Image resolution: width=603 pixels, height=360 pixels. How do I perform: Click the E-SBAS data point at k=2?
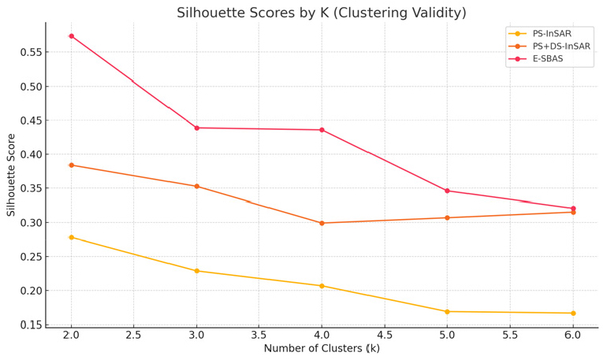pyautogui.click(x=71, y=36)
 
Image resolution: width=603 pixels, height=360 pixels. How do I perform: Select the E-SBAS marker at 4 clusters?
pyautogui.click(x=322, y=130)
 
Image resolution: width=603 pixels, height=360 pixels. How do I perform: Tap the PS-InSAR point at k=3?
pyautogui.click(x=196, y=271)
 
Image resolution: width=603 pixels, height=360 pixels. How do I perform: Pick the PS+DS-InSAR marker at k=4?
pyautogui.click(x=322, y=223)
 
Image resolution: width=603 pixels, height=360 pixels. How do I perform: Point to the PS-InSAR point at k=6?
pyautogui.click(x=573, y=314)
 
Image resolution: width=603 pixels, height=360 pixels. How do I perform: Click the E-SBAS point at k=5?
pyautogui.click(x=447, y=191)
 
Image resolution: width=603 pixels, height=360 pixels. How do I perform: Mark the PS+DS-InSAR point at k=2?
pyautogui.click(x=71, y=165)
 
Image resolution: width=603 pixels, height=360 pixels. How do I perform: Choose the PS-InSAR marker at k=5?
pyautogui.click(x=447, y=312)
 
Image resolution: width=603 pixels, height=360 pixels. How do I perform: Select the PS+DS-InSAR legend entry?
pyautogui.click(x=560, y=46)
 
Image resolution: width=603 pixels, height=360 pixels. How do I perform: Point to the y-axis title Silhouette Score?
pyautogui.click(x=12, y=175)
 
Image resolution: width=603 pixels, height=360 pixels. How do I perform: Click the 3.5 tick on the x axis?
pyautogui.click(x=259, y=336)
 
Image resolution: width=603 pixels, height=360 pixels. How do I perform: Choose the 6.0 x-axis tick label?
pyautogui.click(x=573, y=336)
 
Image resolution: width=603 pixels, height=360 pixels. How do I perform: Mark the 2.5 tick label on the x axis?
pyautogui.click(x=133, y=336)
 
